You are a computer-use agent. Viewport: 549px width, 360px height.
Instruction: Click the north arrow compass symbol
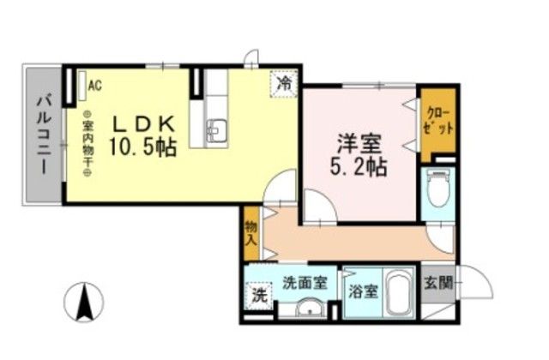(x=84, y=302)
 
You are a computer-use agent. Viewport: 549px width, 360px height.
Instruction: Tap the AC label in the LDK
(x=95, y=86)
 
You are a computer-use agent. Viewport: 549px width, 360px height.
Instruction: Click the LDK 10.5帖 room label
(x=143, y=135)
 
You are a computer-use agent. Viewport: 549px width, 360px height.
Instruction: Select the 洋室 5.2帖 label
(x=359, y=154)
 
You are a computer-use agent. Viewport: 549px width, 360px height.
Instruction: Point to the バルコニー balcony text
(x=44, y=135)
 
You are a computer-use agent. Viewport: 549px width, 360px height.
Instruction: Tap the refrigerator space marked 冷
(x=284, y=84)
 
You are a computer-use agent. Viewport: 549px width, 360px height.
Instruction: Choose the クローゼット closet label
(x=437, y=122)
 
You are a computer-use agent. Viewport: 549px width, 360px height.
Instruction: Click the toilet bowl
(x=438, y=189)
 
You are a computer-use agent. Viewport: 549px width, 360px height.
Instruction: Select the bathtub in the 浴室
(x=398, y=294)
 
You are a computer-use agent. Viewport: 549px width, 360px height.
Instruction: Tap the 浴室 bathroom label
(x=363, y=291)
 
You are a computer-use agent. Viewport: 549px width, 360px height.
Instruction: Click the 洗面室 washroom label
(x=305, y=283)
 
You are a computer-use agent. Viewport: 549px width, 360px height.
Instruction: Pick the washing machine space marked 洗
(x=259, y=296)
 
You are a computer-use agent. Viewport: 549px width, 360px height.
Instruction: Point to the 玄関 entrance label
(x=437, y=283)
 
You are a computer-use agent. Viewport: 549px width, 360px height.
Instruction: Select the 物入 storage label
(x=251, y=233)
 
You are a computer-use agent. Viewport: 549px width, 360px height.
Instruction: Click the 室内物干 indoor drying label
(x=87, y=143)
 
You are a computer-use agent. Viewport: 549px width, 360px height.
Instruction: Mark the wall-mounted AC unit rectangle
(x=82, y=86)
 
